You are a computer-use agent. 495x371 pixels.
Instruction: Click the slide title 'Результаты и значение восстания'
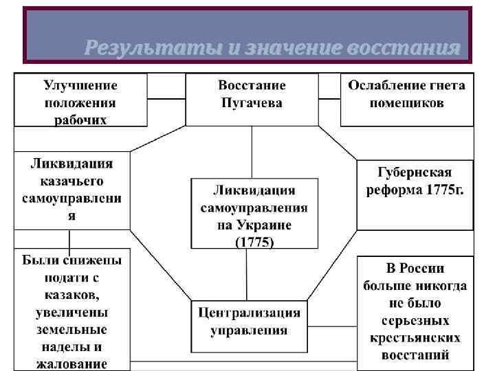(272, 48)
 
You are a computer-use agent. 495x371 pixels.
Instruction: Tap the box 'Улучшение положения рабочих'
(80, 100)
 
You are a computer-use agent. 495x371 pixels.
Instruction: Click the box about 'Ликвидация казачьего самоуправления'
(71, 190)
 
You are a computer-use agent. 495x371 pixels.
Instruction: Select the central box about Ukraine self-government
(254, 213)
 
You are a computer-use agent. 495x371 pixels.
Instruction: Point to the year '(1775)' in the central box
(254, 242)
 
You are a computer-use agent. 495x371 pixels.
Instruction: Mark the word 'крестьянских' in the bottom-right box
(415, 338)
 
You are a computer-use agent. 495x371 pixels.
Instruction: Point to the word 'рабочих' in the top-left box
(80, 119)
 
